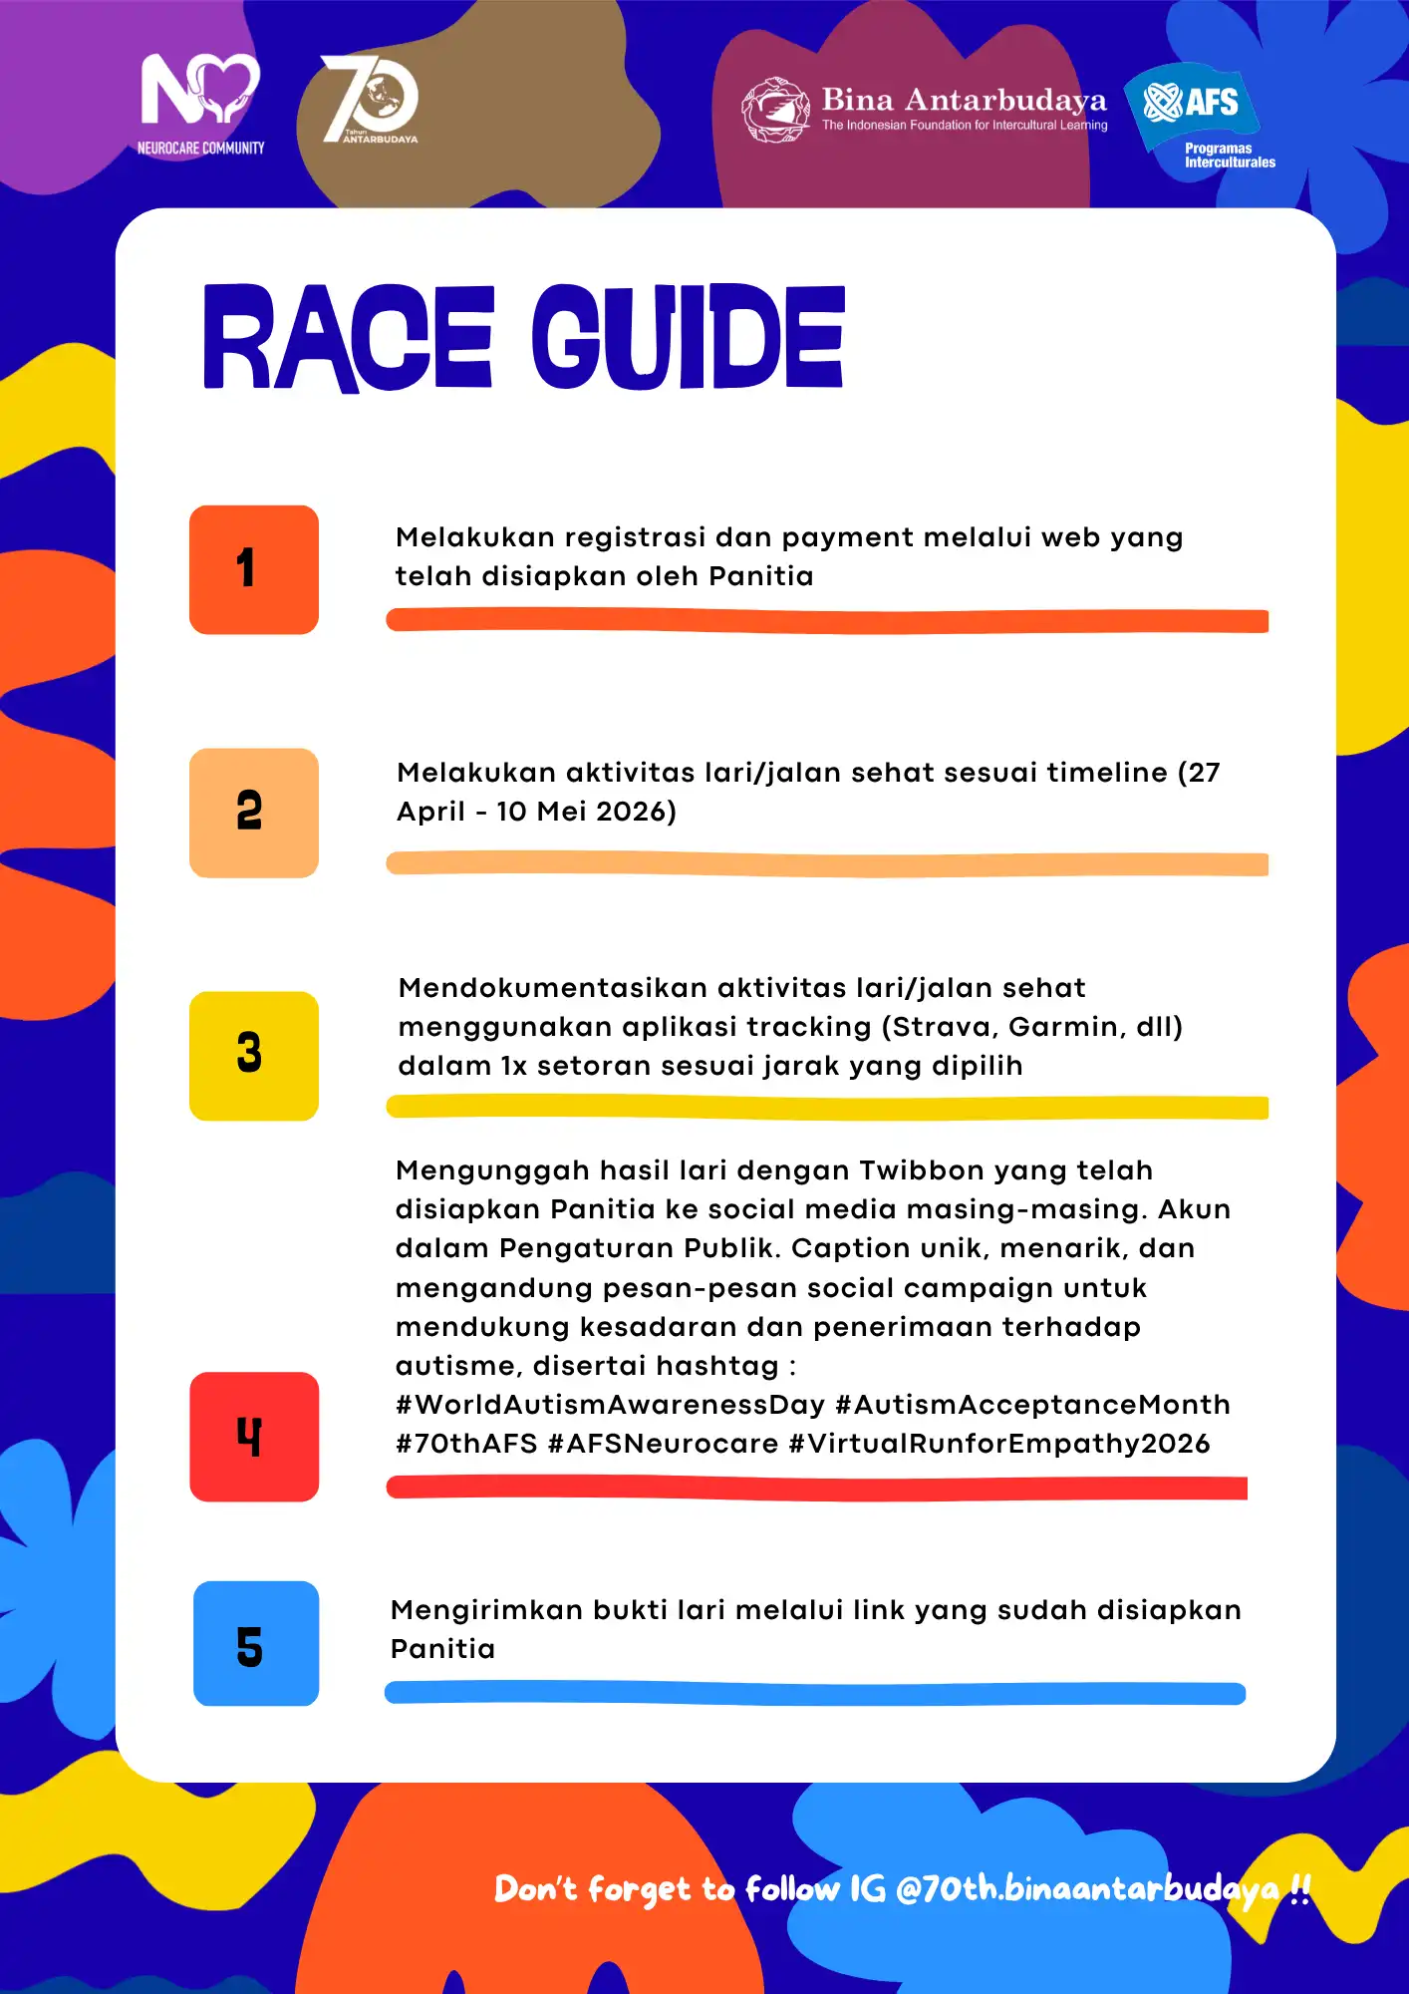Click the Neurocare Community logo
200,104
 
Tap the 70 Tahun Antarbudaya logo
370,100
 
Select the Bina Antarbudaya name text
964,100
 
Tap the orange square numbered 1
254,569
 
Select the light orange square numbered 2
254,813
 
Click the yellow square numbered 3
254,1056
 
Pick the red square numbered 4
254,1437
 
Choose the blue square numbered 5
256,1643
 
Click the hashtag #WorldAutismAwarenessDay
610,1405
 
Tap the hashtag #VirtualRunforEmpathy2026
998,1444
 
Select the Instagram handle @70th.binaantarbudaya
1086,1888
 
